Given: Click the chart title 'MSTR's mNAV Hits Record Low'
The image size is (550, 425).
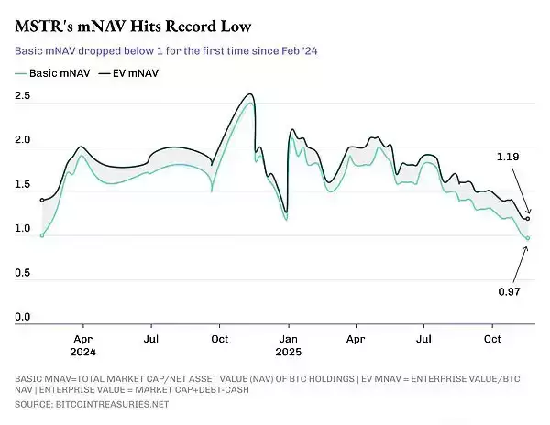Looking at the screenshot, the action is (133, 27).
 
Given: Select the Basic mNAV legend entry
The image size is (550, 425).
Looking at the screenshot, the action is (52, 73).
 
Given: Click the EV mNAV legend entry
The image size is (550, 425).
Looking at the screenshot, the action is (128, 73).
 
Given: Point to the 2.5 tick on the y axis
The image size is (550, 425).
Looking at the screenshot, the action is (22, 95).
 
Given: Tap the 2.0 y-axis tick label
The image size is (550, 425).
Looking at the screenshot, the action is (22, 140).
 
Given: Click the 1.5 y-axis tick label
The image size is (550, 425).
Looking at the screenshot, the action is (22, 184).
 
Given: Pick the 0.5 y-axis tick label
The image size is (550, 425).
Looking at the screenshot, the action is (22, 273).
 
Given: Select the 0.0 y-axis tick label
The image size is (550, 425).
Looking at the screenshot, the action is (22, 317).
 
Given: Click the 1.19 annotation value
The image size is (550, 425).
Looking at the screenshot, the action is (508, 157).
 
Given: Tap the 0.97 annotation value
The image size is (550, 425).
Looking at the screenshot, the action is (509, 291).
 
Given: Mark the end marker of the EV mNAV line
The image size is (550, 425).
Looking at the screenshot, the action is (528, 219).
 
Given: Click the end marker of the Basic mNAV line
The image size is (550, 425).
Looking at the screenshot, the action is (528, 238).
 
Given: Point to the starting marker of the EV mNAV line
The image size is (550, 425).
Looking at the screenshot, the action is (42, 201).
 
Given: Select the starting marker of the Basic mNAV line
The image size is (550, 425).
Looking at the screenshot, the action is (42, 235).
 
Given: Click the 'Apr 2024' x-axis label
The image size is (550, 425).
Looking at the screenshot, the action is (83, 345).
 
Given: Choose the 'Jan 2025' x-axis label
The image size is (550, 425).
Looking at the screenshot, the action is (289, 345).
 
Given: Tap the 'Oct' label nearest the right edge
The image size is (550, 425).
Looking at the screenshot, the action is (492, 339).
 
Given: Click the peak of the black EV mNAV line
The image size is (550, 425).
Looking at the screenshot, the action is (250, 94).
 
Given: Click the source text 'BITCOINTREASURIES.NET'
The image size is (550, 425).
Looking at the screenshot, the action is (112, 404).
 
